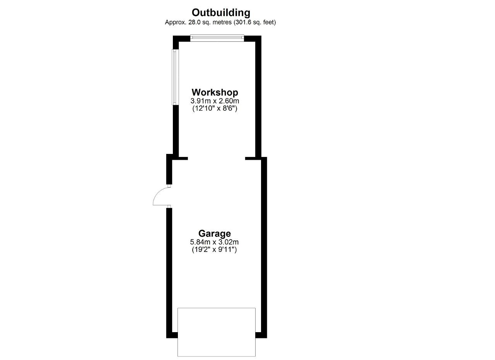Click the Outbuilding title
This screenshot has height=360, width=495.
(x=221, y=13)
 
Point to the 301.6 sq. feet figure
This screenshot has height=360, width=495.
(x=254, y=22)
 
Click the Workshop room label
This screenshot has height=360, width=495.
(x=215, y=92)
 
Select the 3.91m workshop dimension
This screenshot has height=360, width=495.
(x=201, y=101)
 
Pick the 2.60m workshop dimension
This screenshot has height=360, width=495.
(x=229, y=101)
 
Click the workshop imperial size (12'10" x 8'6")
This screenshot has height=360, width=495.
(x=215, y=109)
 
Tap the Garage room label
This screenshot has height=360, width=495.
(x=215, y=234)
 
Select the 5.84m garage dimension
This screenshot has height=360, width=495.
(x=200, y=242)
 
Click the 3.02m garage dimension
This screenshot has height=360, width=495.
(x=229, y=242)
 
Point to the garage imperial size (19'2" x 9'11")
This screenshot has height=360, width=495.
(x=214, y=249)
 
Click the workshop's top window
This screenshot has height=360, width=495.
(x=217, y=38)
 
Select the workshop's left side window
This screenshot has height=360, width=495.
(x=175, y=77)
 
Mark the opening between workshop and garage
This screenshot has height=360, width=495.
(x=217, y=159)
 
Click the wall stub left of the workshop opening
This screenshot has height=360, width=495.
(x=180, y=159)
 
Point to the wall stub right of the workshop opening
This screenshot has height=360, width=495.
(x=253, y=159)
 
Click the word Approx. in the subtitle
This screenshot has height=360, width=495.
(x=176, y=22)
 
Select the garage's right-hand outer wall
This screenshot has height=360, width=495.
(x=264, y=247)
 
